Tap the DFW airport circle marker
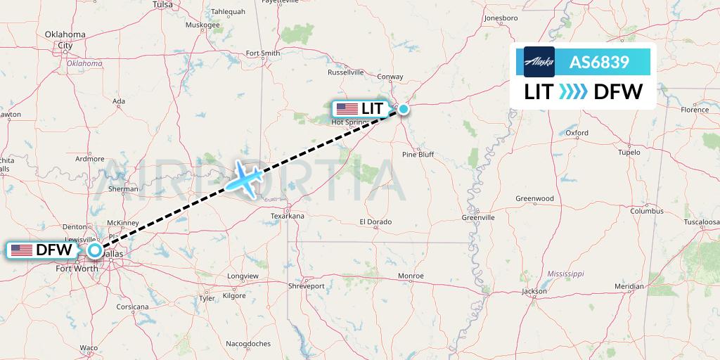point(95,250)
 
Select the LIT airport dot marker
point(404,109)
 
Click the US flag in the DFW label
point(22,250)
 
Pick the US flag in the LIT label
point(347,109)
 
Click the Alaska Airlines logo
point(539,61)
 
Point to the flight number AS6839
point(599,62)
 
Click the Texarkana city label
point(288,217)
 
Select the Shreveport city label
point(307,286)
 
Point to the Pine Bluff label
point(418,155)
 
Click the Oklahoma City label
point(65,39)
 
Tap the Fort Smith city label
point(263,53)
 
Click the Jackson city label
point(534,291)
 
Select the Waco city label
point(89,348)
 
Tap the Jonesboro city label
point(501,18)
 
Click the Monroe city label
point(411,276)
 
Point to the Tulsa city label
point(162,4)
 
